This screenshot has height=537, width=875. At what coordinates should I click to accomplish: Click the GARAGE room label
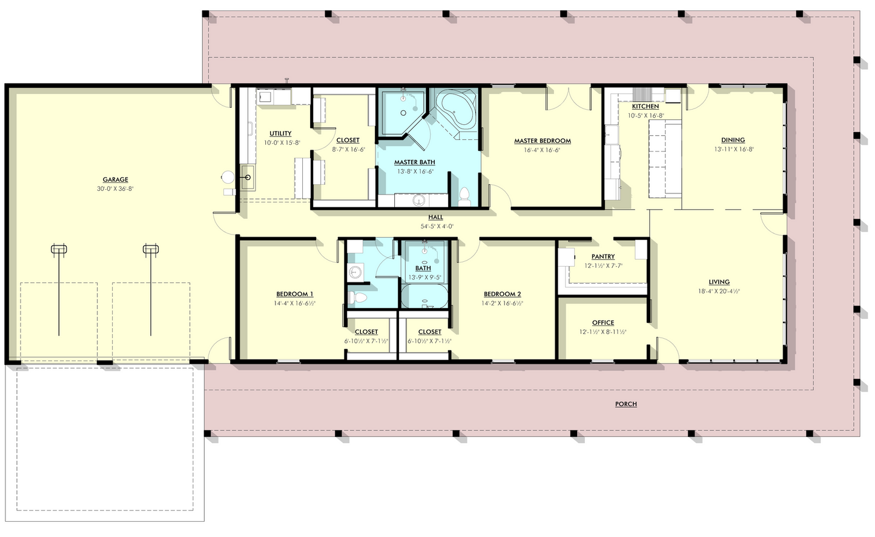coord(115,179)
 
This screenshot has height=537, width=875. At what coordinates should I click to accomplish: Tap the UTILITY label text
coord(280,133)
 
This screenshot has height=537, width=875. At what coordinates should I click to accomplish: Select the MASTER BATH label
coord(414,162)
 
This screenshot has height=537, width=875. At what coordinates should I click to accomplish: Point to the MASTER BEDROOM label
coord(543,141)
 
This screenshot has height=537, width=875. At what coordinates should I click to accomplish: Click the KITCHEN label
coord(645,107)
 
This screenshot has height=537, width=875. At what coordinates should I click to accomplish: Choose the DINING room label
coord(733,140)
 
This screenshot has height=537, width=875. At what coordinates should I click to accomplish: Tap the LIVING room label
coord(719,282)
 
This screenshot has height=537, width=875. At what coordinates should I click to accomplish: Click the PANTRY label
coord(603,256)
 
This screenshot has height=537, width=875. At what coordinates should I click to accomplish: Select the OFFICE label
coord(603,323)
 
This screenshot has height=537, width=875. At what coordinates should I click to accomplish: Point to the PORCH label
coord(626,404)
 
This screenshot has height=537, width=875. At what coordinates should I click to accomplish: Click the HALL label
coord(435,218)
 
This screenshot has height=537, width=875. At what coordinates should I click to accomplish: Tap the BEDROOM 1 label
coord(294,294)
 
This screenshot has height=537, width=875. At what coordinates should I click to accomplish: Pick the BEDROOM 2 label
coord(502,294)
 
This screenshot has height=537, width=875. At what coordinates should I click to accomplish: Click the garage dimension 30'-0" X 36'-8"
coord(115,188)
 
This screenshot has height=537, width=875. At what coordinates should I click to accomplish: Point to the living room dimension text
coord(719,291)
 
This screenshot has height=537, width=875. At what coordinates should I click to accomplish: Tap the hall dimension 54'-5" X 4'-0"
coord(437,226)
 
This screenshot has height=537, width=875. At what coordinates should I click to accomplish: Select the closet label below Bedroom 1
coord(366,332)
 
